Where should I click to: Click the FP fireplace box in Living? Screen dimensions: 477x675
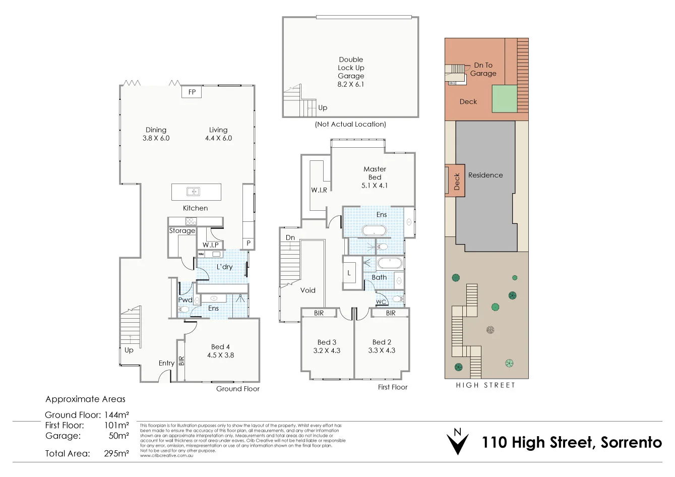point(192,92)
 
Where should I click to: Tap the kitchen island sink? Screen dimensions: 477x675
point(193,192)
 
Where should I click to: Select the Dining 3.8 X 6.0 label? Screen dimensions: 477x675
point(156,134)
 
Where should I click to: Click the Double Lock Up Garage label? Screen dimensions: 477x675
point(351,72)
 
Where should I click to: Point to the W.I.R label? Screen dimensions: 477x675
point(319,190)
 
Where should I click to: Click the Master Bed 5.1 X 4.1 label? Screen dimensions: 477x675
point(375,177)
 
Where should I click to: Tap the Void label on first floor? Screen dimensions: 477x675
point(308,290)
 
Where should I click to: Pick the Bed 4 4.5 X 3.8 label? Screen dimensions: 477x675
point(220,351)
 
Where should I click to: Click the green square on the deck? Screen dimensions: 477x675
point(505,98)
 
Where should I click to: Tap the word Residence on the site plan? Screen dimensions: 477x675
point(485,175)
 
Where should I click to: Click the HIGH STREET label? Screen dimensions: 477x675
point(485,385)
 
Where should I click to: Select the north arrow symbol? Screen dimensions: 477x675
point(458,442)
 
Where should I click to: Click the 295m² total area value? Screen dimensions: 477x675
point(116,453)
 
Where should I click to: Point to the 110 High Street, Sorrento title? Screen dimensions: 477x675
point(572,443)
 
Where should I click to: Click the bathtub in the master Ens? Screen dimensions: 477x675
point(374,230)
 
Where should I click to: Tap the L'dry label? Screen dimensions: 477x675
point(224,267)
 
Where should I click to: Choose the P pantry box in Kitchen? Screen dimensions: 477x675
point(249,243)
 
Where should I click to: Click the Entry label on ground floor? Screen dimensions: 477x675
point(166,363)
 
